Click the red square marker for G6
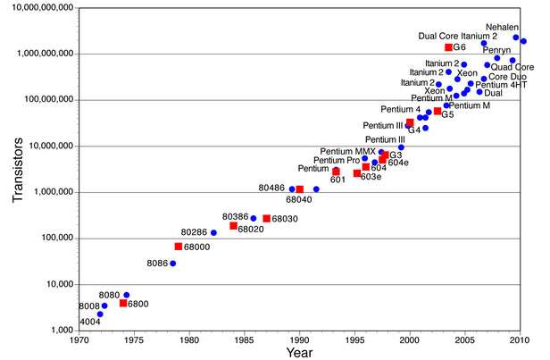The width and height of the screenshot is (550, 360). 448,47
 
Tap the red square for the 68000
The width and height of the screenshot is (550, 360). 179,247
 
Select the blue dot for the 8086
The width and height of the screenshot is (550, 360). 173,264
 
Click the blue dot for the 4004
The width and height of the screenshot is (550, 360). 100,314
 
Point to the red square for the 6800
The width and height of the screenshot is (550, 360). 123,304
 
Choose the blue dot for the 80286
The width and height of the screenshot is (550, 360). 213,233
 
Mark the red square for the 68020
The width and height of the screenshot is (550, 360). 233,226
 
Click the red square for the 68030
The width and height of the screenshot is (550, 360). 266,219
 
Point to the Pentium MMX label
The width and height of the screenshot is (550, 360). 349,151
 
